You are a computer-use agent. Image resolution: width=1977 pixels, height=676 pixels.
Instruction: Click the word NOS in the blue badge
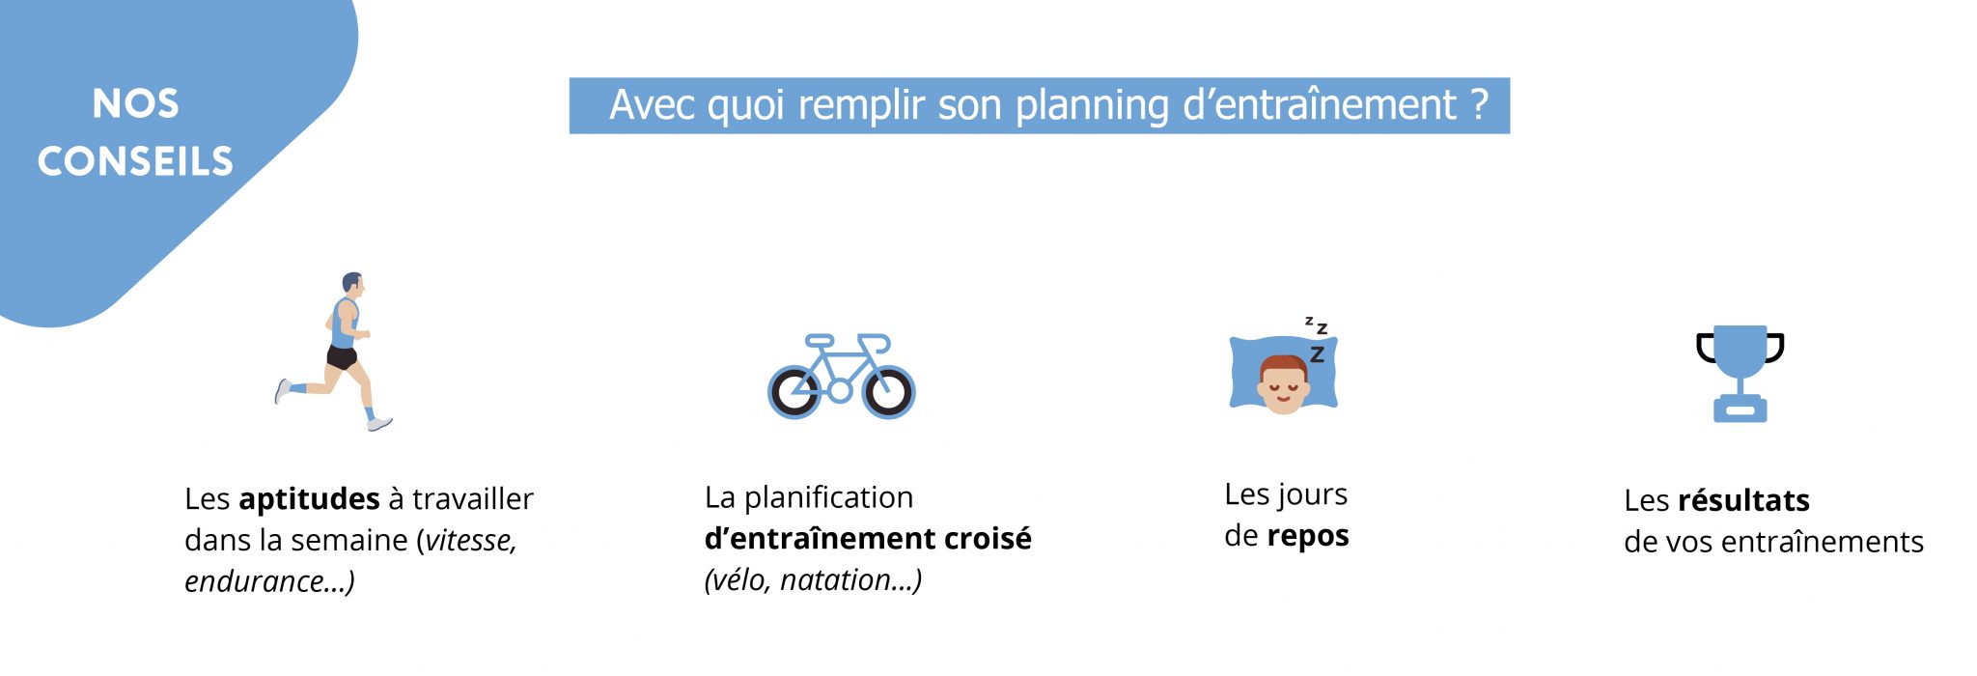click(135, 104)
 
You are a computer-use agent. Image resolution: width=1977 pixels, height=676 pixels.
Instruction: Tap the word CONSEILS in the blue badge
click(135, 161)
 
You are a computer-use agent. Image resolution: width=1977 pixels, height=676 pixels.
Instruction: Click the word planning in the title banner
click(1093, 106)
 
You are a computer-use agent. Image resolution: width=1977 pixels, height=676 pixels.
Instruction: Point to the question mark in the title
click(1479, 103)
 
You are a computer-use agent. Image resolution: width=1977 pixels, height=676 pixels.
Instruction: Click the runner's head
click(353, 284)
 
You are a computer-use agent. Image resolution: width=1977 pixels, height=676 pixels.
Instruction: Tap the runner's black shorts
click(342, 357)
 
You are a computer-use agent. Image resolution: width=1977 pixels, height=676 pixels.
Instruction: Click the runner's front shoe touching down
click(379, 423)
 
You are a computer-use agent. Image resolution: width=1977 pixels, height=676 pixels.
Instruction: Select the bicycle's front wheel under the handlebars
click(888, 392)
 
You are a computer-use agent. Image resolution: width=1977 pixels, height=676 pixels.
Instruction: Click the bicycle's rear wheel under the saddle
click(794, 392)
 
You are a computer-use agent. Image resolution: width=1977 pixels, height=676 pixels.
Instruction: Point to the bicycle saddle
click(819, 340)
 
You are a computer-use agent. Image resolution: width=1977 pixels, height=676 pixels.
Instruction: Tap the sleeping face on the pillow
click(1283, 385)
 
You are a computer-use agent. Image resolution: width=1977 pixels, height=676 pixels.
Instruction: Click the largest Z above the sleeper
click(1317, 354)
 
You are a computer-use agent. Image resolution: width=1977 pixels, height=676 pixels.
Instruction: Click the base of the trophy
click(1740, 409)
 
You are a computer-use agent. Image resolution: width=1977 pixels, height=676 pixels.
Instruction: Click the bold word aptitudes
click(309, 499)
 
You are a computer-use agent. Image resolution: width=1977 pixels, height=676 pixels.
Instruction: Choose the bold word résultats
click(1743, 500)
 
